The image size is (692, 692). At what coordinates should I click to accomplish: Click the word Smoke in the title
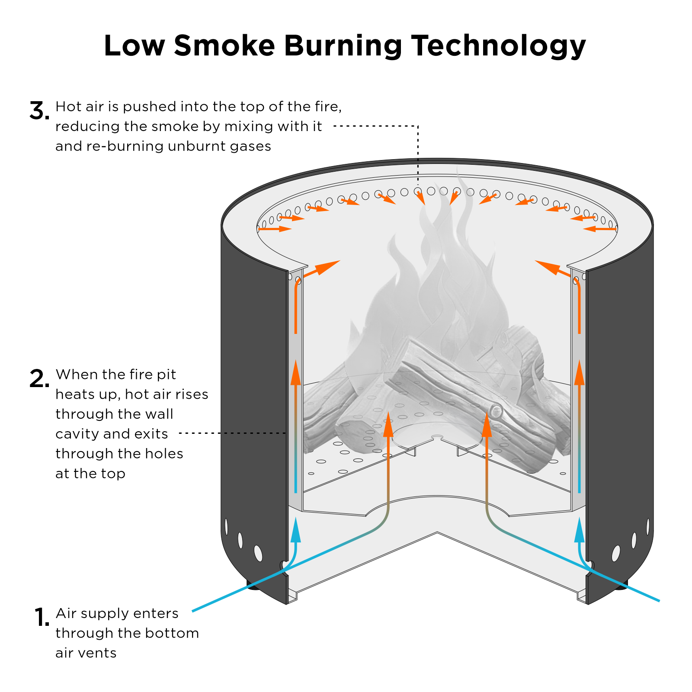(224, 45)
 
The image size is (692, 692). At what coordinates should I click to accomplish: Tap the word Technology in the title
(498, 46)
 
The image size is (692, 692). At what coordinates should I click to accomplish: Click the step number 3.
(39, 111)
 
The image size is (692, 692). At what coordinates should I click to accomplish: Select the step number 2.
(39, 378)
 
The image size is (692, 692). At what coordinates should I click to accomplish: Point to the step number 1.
(42, 617)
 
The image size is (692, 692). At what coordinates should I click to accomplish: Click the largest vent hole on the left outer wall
(258, 553)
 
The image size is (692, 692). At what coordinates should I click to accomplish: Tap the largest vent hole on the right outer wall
(616, 553)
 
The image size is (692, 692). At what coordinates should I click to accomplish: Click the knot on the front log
(496, 410)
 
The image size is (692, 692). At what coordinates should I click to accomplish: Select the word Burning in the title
(343, 46)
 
